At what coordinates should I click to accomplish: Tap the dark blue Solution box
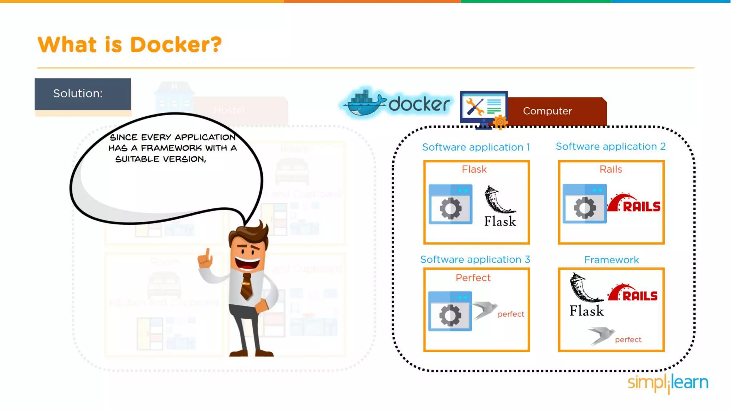(83, 94)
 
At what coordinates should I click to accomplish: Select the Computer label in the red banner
(547, 111)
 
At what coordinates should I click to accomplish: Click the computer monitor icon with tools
(484, 108)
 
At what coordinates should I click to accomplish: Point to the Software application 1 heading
(476, 147)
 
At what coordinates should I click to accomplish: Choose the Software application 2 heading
(610, 146)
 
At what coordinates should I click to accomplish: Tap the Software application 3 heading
(475, 259)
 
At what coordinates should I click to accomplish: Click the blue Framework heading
(611, 260)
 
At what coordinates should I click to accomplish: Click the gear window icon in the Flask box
(450, 204)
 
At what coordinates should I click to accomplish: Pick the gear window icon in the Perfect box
(450, 311)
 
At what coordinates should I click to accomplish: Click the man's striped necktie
(246, 286)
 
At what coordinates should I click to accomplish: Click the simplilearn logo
(668, 383)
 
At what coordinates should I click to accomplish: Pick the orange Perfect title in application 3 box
(473, 278)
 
